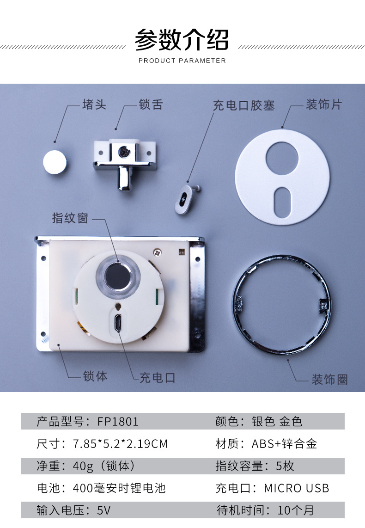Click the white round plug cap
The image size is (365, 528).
coord(55,162)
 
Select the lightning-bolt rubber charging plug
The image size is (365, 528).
coord(184,199)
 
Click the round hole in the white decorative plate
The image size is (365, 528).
coord(282,158)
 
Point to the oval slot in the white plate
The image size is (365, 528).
coord(282,202)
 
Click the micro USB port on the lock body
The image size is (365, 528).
coord(118,323)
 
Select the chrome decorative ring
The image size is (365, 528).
coord(282,304)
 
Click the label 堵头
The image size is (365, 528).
coord(94,104)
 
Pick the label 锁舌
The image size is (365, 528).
coord(151,104)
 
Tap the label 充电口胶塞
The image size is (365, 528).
coord(244,105)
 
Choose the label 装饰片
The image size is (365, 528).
coord(323,104)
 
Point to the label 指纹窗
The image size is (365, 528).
coord(70,218)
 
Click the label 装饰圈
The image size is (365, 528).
coord(330,380)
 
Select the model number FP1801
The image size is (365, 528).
coord(118,422)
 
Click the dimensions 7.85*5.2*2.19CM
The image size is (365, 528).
coord(120,444)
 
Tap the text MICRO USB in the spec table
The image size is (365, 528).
coord(296,488)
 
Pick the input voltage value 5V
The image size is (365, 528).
coord(103,510)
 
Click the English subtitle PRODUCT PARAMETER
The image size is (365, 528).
coord(182,61)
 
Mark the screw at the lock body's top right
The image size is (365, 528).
coord(157,252)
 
